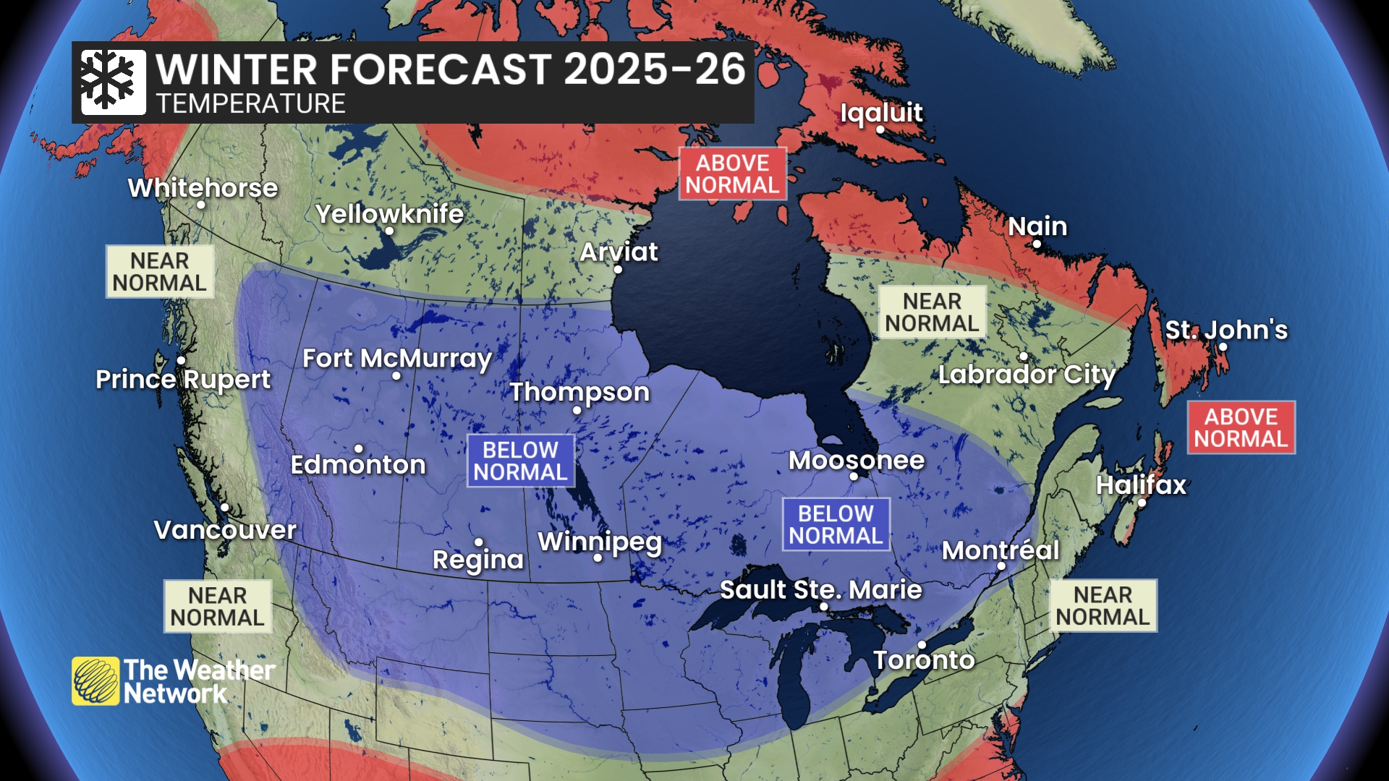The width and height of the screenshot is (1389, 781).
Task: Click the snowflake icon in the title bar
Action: click(112, 82)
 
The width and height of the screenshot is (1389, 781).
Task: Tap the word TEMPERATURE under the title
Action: click(250, 104)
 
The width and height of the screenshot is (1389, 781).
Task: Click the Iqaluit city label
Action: click(880, 112)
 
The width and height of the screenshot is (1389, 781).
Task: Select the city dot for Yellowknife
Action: click(389, 231)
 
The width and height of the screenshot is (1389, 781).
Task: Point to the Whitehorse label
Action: click(203, 188)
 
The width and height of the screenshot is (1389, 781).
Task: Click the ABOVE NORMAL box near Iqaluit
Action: click(732, 174)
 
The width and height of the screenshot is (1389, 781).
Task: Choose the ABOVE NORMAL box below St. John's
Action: click(1241, 427)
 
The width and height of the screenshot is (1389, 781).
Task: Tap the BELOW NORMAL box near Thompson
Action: click(520, 461)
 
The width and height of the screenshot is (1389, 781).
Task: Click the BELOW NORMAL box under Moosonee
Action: click(836, 524)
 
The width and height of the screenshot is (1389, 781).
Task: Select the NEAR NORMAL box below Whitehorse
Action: click(160, 272)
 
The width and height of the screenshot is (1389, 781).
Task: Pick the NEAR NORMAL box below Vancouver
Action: click(217, 606)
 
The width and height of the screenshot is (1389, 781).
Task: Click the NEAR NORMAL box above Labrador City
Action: click(932, 312)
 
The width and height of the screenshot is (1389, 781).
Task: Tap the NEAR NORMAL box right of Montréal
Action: click(1103, 606)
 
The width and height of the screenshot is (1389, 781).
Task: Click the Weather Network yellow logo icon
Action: click(95, 680)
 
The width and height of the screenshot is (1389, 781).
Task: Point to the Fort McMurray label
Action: click(396, 358)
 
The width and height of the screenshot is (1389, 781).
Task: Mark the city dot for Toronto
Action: click(922, 644)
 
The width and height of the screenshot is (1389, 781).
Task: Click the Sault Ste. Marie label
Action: click(820, 589)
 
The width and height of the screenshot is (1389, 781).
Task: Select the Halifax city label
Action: click(1141, 485)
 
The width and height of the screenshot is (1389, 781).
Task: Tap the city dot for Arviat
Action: click(618, 269)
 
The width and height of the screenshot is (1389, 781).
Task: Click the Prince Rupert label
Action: click(183, 379)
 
